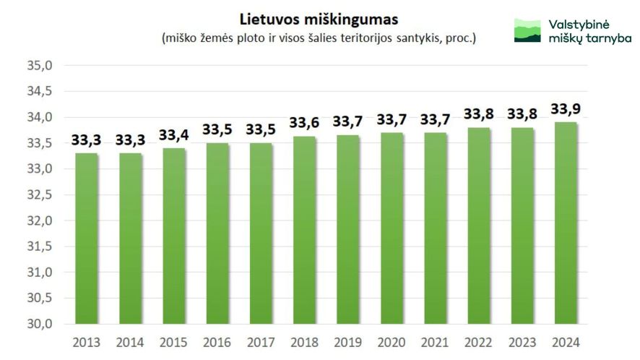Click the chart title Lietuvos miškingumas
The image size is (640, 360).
[319, 17]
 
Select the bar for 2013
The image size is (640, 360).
[87, 239]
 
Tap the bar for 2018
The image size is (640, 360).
[304, 230]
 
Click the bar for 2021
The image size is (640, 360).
[435, 228]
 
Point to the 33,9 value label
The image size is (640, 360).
[565, 109]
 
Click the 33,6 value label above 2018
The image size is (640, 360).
[304, 123]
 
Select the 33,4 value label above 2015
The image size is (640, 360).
[173, 135]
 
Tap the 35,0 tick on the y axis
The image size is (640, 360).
[40, 66]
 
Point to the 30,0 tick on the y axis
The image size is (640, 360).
[40, 324]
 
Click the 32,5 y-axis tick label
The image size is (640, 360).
[40, 195]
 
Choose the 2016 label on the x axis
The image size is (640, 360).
[217, 342]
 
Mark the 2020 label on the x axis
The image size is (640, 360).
[391, 342]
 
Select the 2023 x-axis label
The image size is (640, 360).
[522, 342]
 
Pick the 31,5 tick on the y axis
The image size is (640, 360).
[40, 247]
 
